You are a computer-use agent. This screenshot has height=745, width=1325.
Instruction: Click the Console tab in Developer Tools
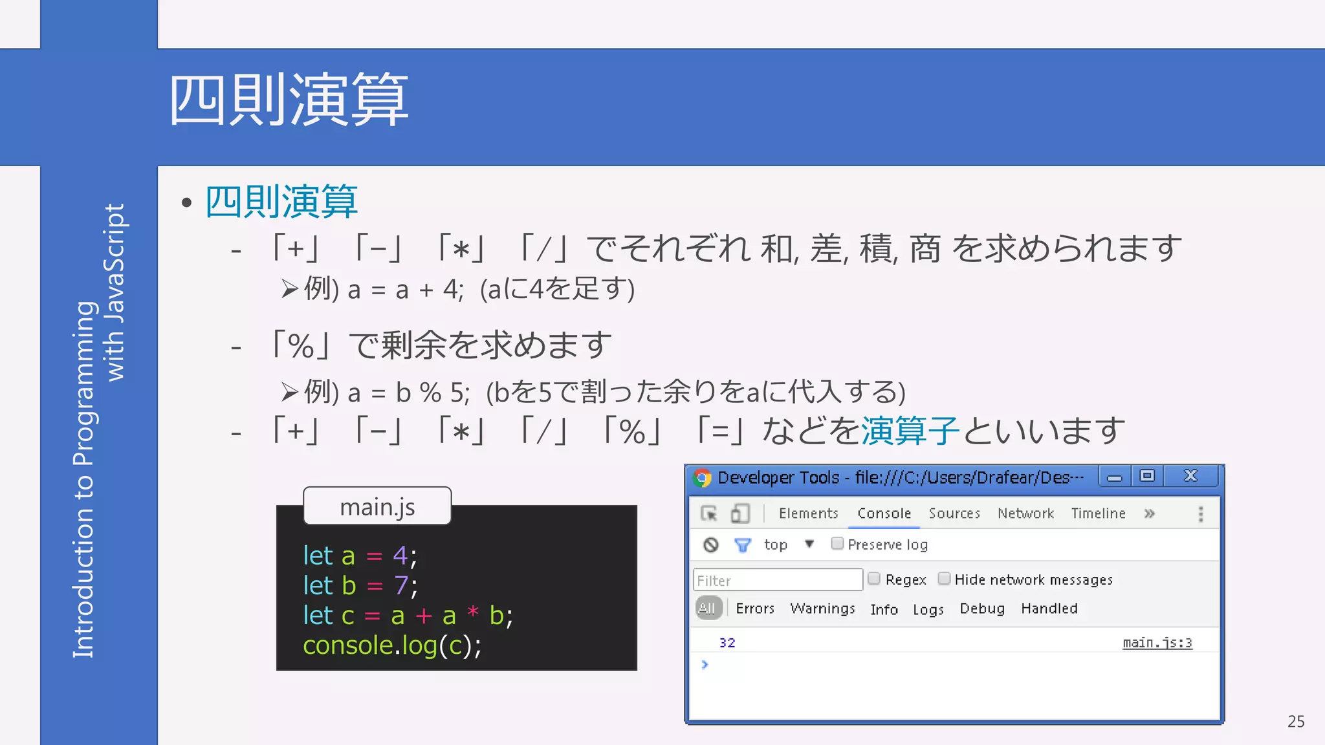[884, 513]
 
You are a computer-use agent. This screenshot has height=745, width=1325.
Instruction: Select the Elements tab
[808, 513]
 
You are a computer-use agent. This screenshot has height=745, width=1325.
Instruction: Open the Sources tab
[954, 513]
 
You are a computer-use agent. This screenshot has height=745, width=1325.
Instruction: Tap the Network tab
[1025, 513]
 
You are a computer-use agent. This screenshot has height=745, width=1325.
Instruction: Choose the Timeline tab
[1098, 513]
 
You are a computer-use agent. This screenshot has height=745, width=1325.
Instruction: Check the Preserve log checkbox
[837, 543]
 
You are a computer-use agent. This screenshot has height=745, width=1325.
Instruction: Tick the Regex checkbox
[874, 578]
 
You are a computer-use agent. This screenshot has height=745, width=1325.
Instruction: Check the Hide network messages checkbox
[945, 578]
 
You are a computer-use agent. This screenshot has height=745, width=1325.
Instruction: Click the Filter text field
[778, 580]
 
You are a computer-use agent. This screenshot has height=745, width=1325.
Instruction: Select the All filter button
[708, 609]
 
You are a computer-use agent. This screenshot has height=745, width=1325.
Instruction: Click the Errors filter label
[755, 609]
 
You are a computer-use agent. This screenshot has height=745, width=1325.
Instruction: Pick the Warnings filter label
[822, 609]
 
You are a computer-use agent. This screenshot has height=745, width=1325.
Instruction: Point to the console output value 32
[727, 643]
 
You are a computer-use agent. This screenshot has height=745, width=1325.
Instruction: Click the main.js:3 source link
[1157, 643]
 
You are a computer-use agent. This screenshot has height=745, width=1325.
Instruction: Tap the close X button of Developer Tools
[1190, 476]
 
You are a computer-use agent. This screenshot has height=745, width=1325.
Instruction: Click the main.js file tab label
[377, 507]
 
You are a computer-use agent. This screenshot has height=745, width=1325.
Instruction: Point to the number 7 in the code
[401, 586]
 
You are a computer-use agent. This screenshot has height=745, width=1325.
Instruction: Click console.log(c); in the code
[392, 645]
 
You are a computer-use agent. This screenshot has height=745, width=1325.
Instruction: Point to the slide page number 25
[1296, 722]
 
